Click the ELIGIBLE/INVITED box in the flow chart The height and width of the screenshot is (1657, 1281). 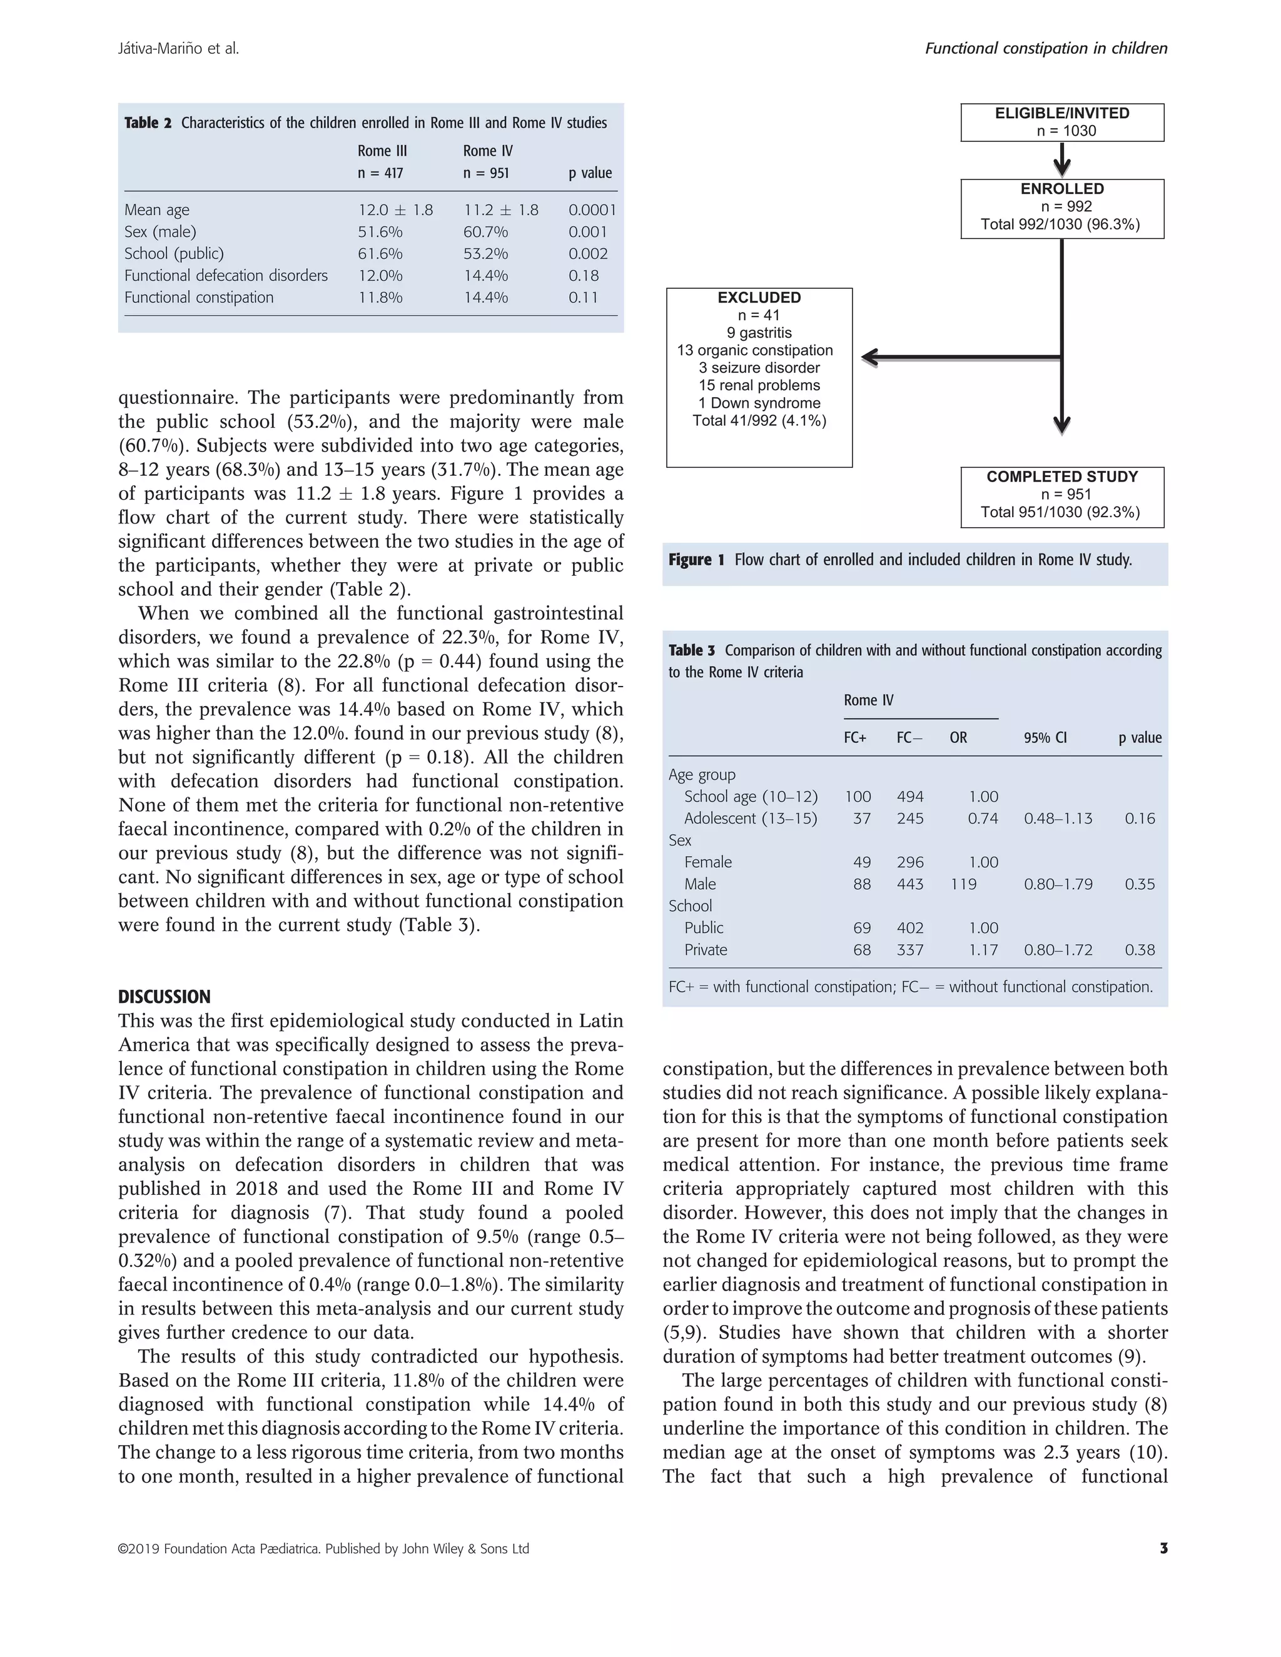click(x=1061, y=122)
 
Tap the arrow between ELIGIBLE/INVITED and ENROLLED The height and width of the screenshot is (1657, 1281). click(x=1061, y=159)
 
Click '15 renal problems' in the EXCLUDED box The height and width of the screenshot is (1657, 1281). click(x=759, y=385)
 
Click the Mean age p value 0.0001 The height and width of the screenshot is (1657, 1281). click(x=592, y=210)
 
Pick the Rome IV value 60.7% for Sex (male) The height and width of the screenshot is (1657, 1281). click(x=485, y=232)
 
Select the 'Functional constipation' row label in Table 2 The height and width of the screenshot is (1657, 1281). click(x=199, y=298)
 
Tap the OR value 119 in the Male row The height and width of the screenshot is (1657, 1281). click(x=963, y=884)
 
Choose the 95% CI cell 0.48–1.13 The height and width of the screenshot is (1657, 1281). click(x=1058, y=818)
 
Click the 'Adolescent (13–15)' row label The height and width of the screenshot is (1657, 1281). click(x=751, y=818)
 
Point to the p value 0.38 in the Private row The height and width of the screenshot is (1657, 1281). click(x=1140, y=950)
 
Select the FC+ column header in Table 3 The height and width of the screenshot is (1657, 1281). click(x=854, y=737)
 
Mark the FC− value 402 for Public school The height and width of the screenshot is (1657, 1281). click(x=910, y=928)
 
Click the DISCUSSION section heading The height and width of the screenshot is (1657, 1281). click(x=164, y=997)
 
